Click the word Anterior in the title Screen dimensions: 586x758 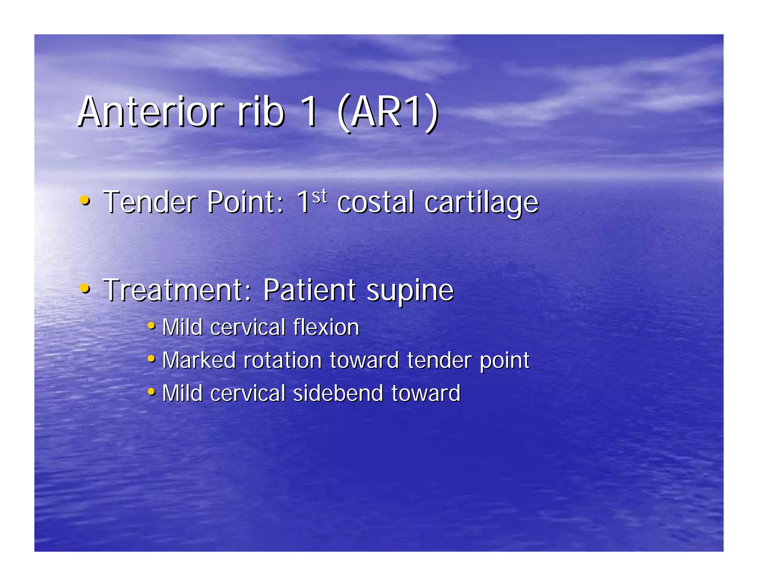pyautogui.click(x=150, y=112)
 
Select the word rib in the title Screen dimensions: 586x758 pyautogui.click(x=261, y=112)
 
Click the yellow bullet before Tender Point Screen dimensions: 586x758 pyautogui.click(x=85, y=201)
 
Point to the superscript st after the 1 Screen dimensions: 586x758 pyautogui.click(x=319, y=196)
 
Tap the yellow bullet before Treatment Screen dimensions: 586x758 pyautogui.click(x=85, y=289)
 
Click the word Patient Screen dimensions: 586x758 pyautogui.click(x=309, y=290)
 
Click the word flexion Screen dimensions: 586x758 pyautogui.click(x=326, y=327)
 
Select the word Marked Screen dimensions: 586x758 pyautogui.click(x=199, y=360)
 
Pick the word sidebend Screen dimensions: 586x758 pyautogui.click(x=338, y=393)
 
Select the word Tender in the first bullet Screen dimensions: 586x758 pyautogui.click(x=150, y=203)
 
